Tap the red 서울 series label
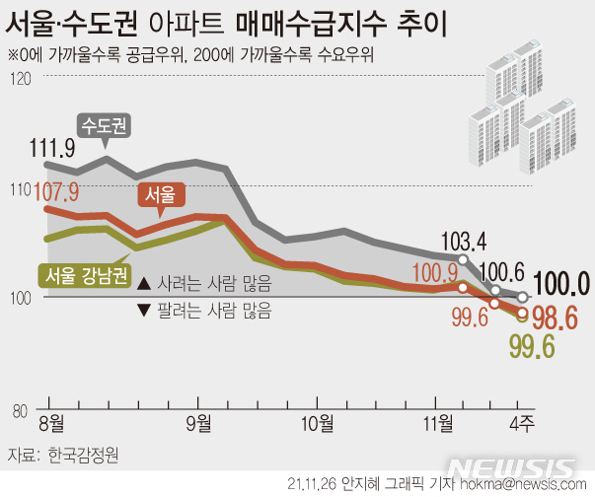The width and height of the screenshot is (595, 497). click(161, 195)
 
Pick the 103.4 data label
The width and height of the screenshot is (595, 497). click(463, 239)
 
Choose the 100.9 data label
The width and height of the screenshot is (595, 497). click(420, 272)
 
